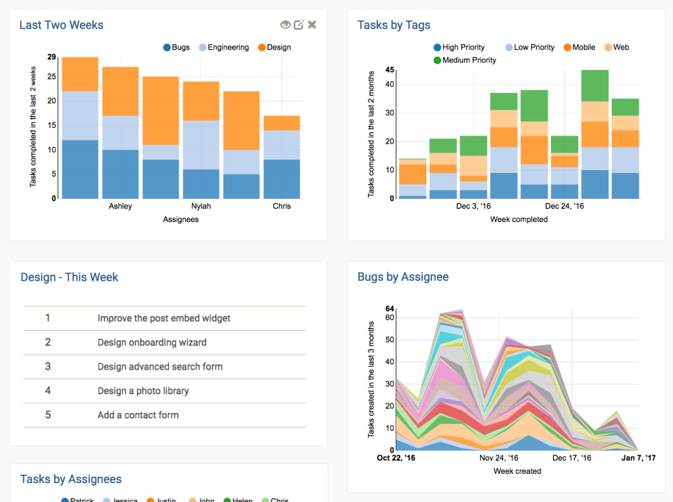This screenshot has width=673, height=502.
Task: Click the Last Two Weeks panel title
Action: pyautogui.click(x=61, y=25)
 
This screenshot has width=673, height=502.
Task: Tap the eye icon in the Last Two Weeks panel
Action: pyautogui.click(x=285, y=25)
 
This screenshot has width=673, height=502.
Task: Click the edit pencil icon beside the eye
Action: pyautogui.click(x=299, y=25)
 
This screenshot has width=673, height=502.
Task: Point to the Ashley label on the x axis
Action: pyautogui.click(x=121, y=207)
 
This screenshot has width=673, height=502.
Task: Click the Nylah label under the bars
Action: pyautogui.click(x=201, y=207)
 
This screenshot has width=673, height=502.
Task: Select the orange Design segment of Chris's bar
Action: pyautogui.click(x=282, y=123)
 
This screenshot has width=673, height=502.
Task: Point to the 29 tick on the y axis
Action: pyautogui.click(x=51, y=57)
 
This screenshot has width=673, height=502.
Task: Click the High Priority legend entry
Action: pyautogui.click(x=459, y=48)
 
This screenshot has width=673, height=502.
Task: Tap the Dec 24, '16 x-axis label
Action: pyautogui.click(x=565, y=207)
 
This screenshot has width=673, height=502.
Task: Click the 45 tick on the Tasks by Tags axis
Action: pyautogui.click(x=390, y=70)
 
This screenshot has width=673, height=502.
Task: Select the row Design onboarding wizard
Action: pyautogui.click(x=152, y=342)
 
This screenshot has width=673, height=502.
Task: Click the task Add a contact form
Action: pyautogui.click(x=138, y=415)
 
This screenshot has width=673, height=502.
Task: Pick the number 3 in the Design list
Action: pyautogui.click(x=48, y=366)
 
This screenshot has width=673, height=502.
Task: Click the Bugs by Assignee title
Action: pyautogui.click(x=403, y=277)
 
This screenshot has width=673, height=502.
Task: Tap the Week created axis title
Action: pyautogui.click(x=517, y=471)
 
